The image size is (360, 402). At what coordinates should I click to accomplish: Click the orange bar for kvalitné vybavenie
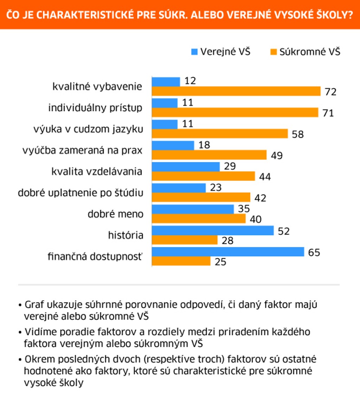point(236,91)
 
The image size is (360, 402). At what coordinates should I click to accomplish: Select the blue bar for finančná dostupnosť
point(228,252)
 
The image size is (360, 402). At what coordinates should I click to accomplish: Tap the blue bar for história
point(213,231)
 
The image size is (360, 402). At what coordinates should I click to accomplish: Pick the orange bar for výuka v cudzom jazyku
point(220,134)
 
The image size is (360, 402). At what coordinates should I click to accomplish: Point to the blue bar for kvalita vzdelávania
point(186,167)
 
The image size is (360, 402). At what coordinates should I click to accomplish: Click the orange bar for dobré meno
point(199,219)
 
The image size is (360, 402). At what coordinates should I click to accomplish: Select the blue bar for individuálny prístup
point(165,103)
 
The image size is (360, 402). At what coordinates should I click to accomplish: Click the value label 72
point(331,92)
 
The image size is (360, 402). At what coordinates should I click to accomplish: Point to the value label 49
point(277,155)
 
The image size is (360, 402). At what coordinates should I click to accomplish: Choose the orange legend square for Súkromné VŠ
point(274,52)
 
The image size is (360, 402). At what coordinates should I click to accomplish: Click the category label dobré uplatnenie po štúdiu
point(81,193)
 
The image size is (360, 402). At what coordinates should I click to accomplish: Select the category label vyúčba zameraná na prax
point(82,150)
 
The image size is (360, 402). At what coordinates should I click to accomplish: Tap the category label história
point(126,235)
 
